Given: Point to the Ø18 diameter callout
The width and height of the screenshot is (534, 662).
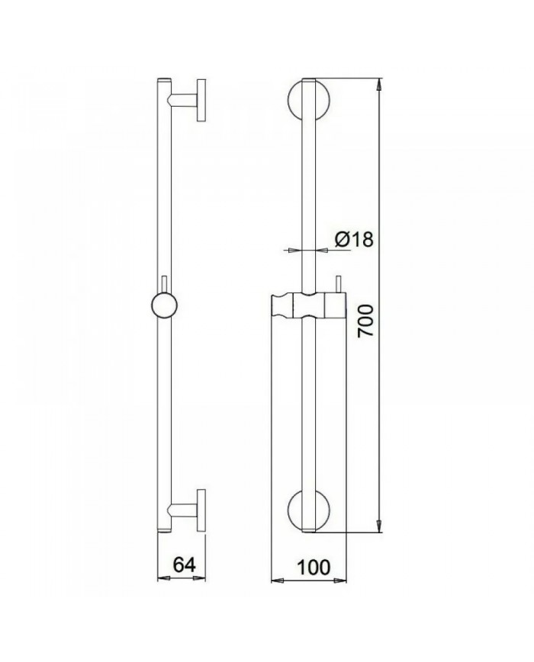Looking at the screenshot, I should (x=352, y=239).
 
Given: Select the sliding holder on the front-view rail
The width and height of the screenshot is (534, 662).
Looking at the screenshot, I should (x=310, y=307).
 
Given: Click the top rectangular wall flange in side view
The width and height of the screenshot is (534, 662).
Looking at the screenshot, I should (x=202, y=100).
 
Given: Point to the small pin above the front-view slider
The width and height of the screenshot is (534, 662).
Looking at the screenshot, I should (x=336, y=282).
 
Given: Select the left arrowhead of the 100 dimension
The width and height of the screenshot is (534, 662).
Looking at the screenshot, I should (x=278, y=580).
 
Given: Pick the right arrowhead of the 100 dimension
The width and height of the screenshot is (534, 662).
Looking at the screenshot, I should (x=343, y=580).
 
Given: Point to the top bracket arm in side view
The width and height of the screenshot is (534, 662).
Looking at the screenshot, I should (x=183, y=100).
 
